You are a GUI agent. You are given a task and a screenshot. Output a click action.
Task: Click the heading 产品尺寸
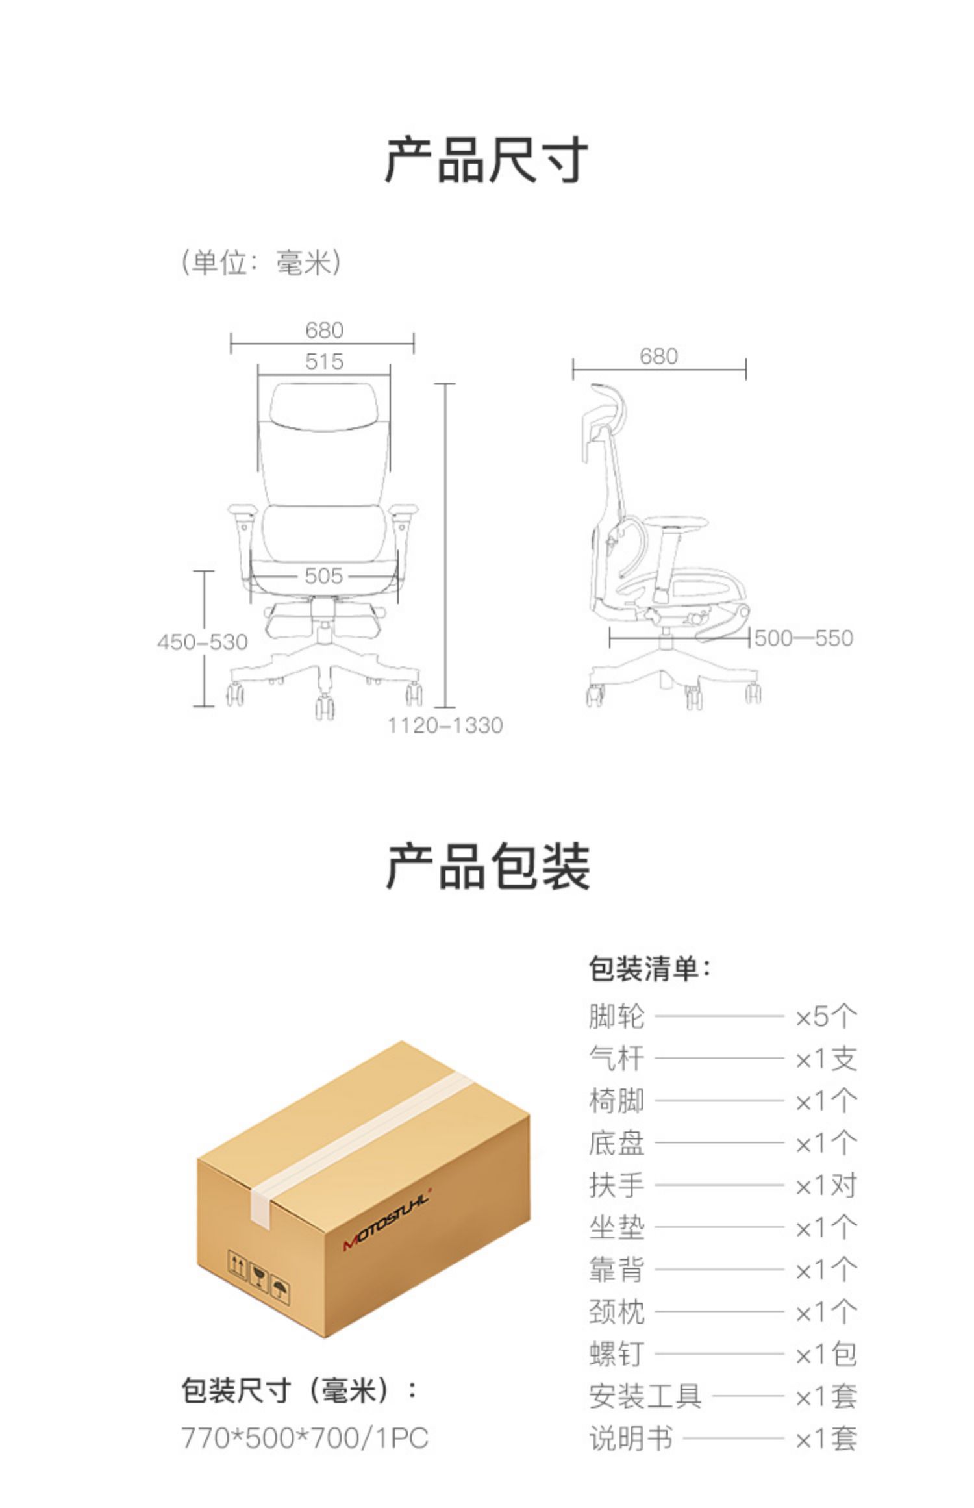tap(486, 160)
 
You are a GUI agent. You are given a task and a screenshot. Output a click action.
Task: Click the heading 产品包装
tap(488, 866)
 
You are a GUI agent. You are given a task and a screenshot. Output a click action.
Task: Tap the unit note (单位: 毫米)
tap(260, 263)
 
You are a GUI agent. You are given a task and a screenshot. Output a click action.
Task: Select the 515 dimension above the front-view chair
tap(324, 362)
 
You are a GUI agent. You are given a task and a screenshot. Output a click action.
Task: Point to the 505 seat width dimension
tap(323, 576)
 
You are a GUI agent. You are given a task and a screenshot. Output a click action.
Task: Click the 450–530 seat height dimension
tap(202, 642)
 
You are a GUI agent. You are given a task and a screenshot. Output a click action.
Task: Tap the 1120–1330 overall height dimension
tap(445, 725)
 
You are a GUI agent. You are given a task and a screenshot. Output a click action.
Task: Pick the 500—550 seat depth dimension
tap(803, 638)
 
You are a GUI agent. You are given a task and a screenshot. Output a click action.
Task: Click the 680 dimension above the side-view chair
tap(658, 357)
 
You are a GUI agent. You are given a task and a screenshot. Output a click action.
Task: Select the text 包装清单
tap(649, 969)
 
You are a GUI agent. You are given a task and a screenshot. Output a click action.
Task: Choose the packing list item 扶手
tap(616, 1185)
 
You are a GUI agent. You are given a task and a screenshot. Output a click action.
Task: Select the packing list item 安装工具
tap(645, 1396)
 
